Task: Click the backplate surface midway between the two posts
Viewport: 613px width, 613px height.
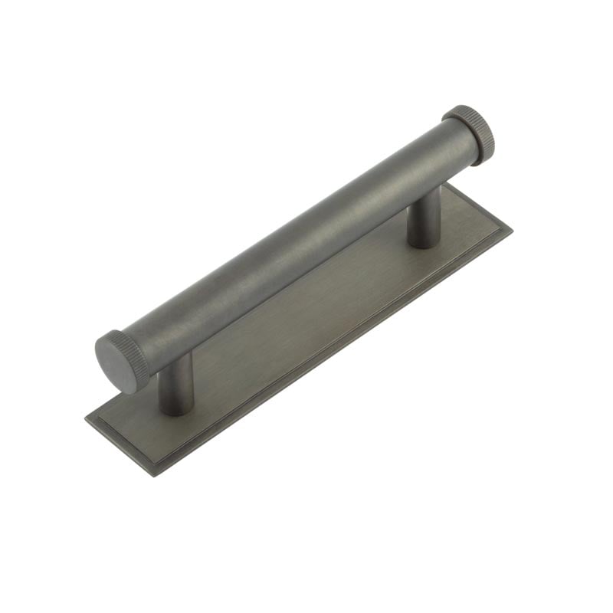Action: (306, 322)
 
